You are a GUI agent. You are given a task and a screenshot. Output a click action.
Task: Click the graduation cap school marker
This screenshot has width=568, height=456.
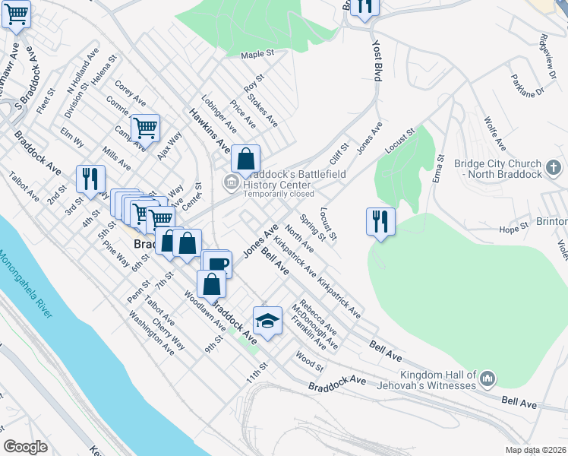tap(267, 321)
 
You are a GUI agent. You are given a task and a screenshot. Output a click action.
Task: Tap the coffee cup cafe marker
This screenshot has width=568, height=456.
tap(218, 264)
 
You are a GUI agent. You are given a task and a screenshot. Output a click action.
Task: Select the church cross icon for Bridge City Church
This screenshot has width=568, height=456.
tap(554, 166)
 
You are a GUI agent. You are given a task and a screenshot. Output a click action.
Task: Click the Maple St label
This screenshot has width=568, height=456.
tap(257, 55)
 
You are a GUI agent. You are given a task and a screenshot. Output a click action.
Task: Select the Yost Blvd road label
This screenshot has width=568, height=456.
tap(377, 62)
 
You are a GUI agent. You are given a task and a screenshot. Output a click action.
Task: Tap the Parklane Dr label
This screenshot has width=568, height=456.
tap(529, 85)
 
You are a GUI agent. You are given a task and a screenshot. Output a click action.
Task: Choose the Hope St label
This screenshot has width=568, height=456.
tap(513, 228)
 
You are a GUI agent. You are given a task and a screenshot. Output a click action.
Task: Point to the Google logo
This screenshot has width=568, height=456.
tap(26, 446)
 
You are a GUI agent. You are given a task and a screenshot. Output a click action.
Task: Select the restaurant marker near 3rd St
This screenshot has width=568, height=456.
tap(90, 178)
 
